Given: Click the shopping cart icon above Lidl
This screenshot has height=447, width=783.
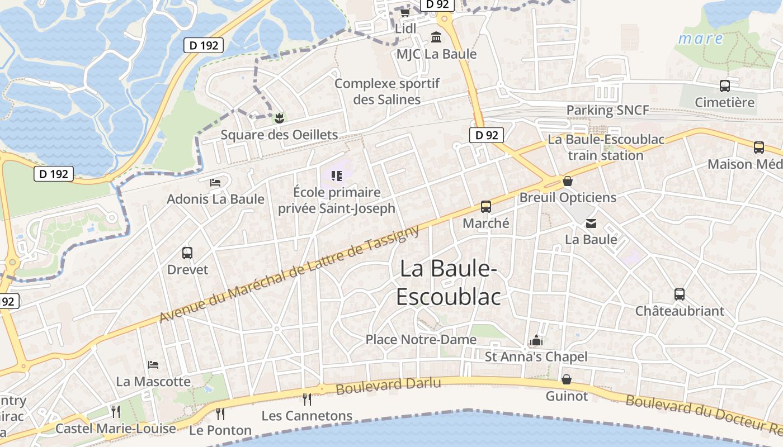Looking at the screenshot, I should (405, 12).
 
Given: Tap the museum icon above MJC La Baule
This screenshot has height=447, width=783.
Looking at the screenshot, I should (436, 37).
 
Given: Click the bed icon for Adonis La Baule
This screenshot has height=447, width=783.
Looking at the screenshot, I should (215, 182).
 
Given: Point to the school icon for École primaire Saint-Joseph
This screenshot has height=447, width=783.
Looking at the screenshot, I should (336, 176).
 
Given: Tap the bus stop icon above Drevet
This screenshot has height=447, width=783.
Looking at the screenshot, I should (187, 253).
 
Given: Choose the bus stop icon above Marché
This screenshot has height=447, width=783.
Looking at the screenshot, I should (486, 207).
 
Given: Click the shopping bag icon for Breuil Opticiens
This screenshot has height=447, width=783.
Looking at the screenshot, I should (568, 181).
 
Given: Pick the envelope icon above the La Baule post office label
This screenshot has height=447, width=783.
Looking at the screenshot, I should (591, 223).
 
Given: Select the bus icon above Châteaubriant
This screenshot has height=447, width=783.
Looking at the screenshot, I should (680, 294).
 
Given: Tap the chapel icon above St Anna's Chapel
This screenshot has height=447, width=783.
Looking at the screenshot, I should (536, 340).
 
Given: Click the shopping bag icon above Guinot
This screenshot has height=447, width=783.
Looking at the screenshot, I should (567, 380).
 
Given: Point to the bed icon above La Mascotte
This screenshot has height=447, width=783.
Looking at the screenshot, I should (153, 365).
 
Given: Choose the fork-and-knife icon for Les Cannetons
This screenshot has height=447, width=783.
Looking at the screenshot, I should (307, 399).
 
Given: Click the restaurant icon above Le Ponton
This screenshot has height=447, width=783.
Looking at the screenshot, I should (220, 413).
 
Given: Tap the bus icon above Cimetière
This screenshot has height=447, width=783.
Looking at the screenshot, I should (725, 86).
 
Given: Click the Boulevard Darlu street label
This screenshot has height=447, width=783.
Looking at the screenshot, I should (389, 385).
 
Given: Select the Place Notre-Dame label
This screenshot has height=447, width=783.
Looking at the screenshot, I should (421, 339).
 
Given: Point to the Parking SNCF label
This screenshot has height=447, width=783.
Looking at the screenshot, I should (607, 110).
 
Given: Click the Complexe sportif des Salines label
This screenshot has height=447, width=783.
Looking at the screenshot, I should (387, 92).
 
